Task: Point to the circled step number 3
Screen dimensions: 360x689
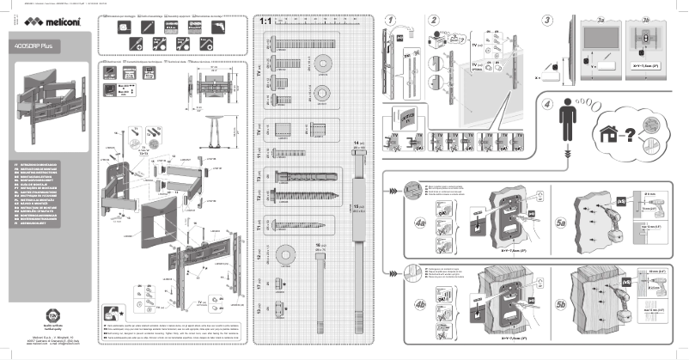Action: click(547, 19)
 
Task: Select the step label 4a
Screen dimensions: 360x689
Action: click(420, 223)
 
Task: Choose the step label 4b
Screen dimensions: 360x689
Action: click(420, 303)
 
